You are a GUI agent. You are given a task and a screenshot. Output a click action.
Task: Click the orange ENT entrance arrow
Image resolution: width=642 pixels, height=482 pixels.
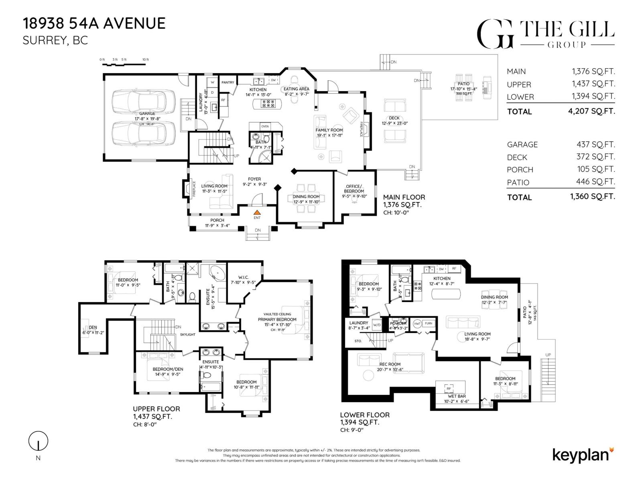[x=257, y=212]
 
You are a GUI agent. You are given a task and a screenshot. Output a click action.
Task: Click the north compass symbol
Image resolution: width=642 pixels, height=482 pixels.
[x=38, y=441]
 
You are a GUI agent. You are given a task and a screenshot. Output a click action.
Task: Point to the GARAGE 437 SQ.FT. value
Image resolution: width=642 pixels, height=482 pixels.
[x=595, y=144]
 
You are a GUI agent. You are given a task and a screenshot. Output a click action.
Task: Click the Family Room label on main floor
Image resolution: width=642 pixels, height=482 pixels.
[x=329, y=130]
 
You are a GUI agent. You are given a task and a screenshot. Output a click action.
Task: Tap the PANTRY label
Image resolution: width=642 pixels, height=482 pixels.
[x=228, y=82]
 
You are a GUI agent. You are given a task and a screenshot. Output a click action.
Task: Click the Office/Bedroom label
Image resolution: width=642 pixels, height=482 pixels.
[x=354, y=189]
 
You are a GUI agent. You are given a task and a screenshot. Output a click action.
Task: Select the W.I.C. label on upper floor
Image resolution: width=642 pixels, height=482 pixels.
[x=244, y=278]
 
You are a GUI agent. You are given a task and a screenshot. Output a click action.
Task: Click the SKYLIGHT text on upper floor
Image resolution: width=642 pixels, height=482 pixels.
[x=187, y=334]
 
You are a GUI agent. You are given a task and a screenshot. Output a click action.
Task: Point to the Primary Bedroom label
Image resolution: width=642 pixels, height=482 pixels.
[x=277, y=320]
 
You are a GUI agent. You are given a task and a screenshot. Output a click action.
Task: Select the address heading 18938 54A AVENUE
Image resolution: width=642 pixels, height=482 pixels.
[x=94, y=23]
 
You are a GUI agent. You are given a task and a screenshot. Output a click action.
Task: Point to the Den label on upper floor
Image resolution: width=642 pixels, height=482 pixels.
[x=93, y=327]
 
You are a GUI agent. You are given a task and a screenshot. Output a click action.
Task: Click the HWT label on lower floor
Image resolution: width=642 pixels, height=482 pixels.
[x=417, y=323]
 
